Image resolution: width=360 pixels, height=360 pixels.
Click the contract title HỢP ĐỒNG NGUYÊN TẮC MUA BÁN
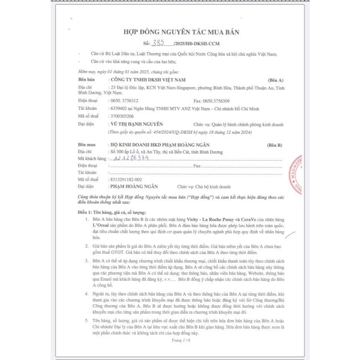(x=181, y=32)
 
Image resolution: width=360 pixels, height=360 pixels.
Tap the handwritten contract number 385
(x=158, y=43)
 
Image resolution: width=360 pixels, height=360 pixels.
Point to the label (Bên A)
(x=275, y=79)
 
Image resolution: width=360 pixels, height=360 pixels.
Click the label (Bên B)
(x=274, y=145)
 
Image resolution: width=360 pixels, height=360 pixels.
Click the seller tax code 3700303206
(x=122, y=116)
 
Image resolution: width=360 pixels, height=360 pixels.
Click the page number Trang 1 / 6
(x=180, y=340)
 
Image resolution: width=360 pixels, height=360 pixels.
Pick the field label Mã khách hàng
(x=92, y=159)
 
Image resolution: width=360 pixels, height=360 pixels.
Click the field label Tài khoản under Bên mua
(x=87, y=172)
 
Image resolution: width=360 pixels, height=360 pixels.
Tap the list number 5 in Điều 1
(x=86, y=320)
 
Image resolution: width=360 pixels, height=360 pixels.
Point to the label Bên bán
(x=87, y=79)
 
